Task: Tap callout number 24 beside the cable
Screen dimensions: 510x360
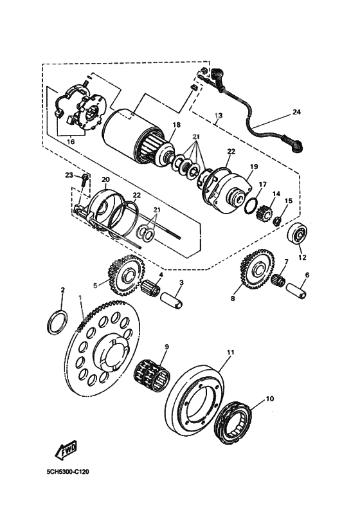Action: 296,112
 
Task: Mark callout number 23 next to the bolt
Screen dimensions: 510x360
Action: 69,175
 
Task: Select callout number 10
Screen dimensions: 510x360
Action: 269,399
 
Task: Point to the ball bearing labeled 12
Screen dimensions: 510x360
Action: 300,235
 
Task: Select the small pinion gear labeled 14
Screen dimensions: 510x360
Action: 264,210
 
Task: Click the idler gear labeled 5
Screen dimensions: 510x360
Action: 123,273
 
